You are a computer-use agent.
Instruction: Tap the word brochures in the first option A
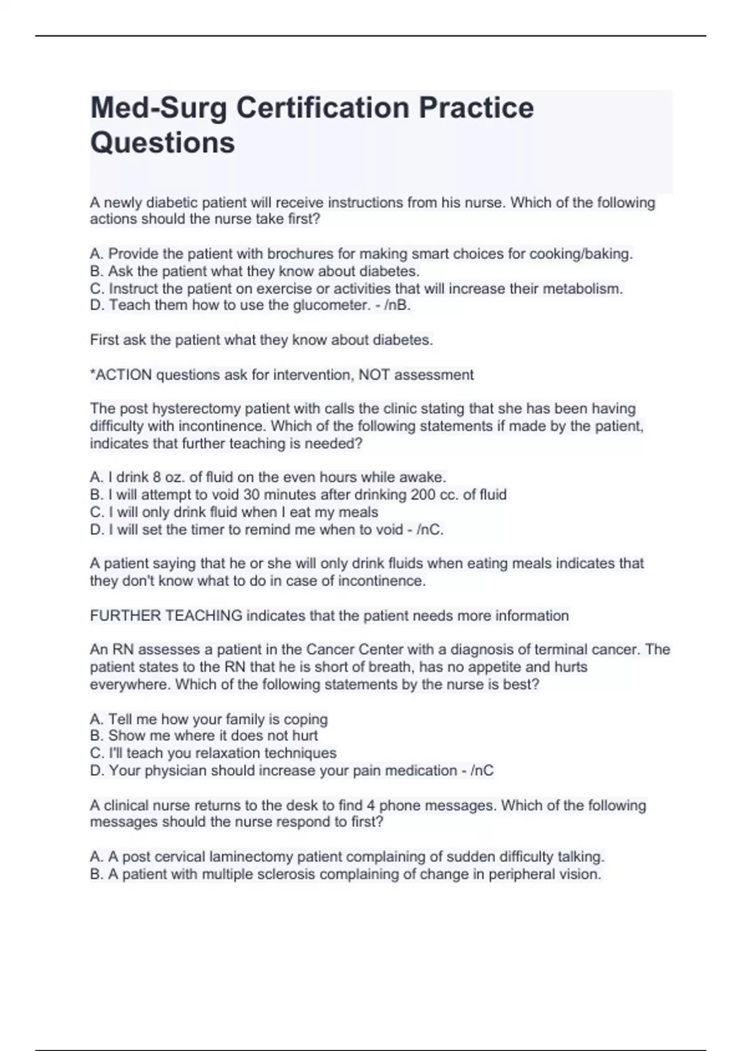pyautogui.click(x=296, y=253)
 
